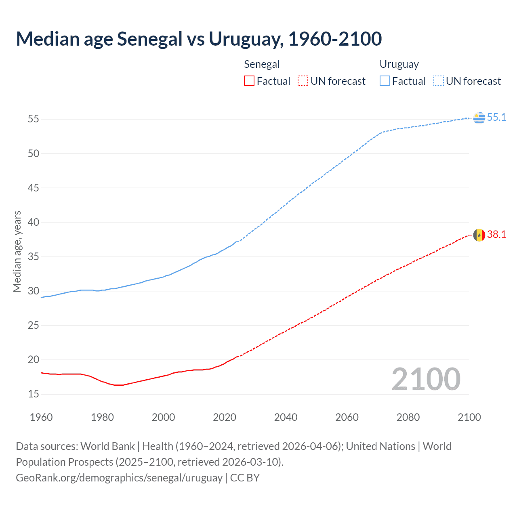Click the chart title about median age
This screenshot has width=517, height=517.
click(199, 39)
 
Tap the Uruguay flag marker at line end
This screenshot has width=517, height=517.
click(479, 118)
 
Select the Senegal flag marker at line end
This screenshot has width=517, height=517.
click(479, 235)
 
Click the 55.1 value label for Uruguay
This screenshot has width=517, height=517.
click(496, 118)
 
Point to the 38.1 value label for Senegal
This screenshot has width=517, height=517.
click(496, 235)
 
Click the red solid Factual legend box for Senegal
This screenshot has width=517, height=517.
click(249, 81)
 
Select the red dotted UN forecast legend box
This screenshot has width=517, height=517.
click(303, 81)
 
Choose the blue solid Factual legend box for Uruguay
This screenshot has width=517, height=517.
click(385, 81)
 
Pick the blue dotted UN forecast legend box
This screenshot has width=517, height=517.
click(438, 81)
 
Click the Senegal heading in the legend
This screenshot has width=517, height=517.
click(262, 65)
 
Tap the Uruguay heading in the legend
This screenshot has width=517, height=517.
click(399, 65)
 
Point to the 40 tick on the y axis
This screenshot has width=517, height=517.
click(33, 223)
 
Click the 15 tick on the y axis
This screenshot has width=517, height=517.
click(33, 394)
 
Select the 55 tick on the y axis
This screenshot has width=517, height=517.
click(33, 119)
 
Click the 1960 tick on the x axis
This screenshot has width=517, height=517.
click(41, 417)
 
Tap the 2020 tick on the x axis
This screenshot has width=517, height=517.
click(225, 417)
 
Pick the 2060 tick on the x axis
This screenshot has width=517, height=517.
click(347, 417)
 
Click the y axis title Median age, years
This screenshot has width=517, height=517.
click(17, 251)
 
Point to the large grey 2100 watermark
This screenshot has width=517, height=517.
click(426, 379)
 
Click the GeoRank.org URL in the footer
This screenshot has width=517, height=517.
click(119, 478)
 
